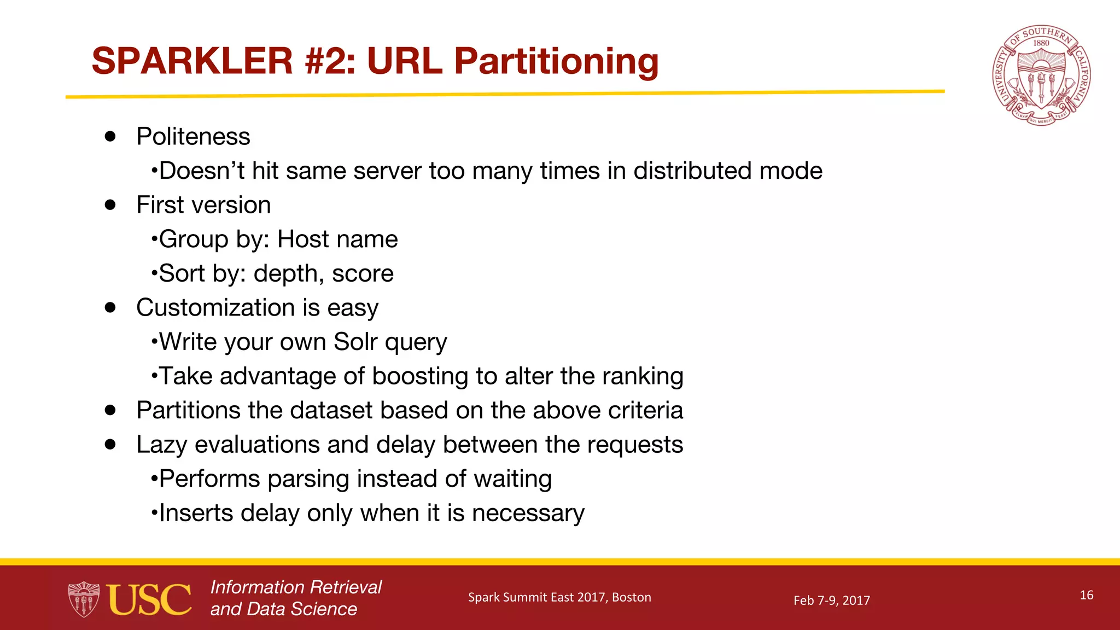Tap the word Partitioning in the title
click(x=556, y=62)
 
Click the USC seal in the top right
click(x=1041, y=75)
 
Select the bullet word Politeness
click(x=193, y=136)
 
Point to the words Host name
click(x=337, y=239)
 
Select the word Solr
click(x=355, y=342)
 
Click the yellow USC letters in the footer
click(x=149, y=599)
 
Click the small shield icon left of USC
click(x=84, y=599)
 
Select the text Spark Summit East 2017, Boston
click(x=559, y=597)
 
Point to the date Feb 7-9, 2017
click(x=831, y=600)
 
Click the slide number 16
click(x=1086, y=595)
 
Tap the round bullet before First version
click(x=110, y=205)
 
